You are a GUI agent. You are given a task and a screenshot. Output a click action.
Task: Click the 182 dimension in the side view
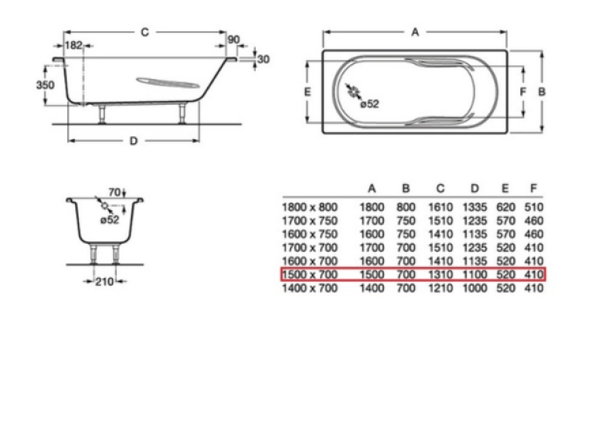(73, 46)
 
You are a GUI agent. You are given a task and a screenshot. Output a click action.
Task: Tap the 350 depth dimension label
(46, 85)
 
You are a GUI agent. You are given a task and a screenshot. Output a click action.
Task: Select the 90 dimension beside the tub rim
(233, 39)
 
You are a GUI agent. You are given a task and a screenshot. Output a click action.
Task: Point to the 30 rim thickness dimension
(263, 59)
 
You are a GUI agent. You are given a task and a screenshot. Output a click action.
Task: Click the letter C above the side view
(145, 32)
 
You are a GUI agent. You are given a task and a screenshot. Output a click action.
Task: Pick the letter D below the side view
(134, 141)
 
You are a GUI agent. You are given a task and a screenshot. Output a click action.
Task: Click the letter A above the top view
(415, 32)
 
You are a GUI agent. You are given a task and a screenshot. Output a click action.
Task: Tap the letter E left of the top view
(308, 92)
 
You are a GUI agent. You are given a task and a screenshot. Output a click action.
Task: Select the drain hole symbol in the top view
(354, 92)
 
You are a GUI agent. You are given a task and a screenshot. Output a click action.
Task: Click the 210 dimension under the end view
(104, 282)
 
